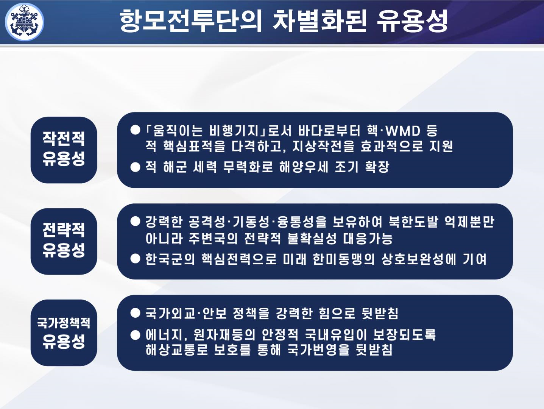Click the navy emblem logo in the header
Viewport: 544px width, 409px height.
[25, 22]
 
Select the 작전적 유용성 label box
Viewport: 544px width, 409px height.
[64, 150]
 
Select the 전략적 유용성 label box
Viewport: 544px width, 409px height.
[64, 241]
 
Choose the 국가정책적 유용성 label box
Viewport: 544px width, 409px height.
[64, 333]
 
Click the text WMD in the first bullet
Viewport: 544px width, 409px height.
[402, 131]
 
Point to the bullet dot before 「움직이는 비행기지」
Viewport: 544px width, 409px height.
[135, 130]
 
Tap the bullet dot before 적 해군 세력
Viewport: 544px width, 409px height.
[135, 167]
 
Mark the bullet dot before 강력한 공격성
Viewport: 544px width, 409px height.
[135, 222]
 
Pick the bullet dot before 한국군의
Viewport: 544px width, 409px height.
[135, 259]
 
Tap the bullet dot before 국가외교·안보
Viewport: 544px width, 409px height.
[135, 313]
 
